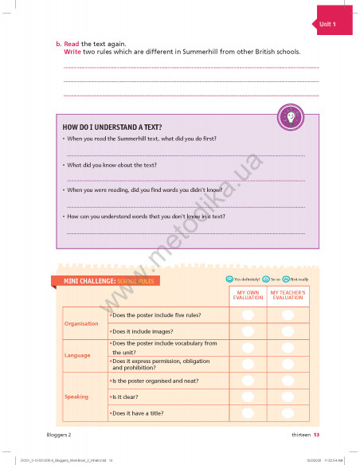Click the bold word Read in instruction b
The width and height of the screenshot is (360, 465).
(x=71, y=43)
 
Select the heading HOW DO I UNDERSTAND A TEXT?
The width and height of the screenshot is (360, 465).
(x=112, y=127)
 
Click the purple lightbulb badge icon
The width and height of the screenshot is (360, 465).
(x=291, y=118)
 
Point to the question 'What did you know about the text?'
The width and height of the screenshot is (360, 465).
(x=112, y=165)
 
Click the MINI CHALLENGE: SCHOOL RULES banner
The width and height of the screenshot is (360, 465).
(x=106, y=281)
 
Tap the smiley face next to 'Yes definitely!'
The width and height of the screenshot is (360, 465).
(x=229, y=279)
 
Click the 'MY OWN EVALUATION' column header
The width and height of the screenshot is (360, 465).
(x=248, y=295)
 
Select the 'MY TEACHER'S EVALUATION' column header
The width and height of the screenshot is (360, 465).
(x=288, y=295)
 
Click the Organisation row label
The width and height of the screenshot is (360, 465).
(x=81, y=323)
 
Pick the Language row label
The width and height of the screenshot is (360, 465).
(x=77, y=354)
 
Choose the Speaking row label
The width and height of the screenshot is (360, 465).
(x=77, y=397)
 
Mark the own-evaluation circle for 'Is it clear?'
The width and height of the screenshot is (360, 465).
(x=248, y=397)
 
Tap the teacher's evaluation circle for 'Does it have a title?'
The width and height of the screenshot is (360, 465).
(x=288, y=412)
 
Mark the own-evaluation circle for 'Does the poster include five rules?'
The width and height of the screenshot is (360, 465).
(x=248, y=315)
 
